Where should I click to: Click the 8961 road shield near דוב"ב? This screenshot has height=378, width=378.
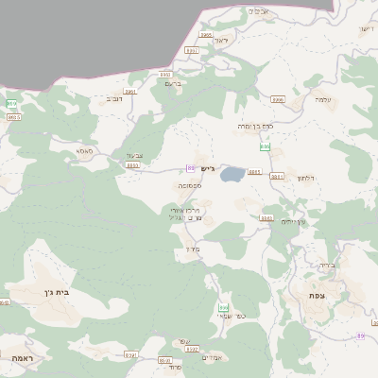(x=130, y=92)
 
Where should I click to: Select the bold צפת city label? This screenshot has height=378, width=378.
(x=315, y=296)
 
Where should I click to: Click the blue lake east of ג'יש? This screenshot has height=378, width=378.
(x=231, y=175)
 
